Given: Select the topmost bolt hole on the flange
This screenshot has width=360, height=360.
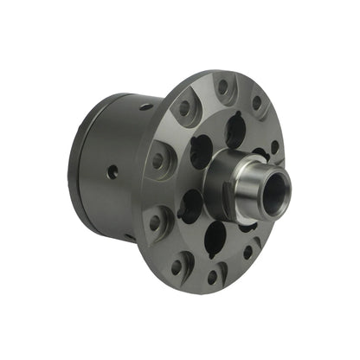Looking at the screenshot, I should pos(222,86).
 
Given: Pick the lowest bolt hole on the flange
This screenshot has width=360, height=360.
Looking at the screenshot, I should pos(212,276).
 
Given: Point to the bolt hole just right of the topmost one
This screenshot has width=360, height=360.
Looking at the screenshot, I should pos(256,102).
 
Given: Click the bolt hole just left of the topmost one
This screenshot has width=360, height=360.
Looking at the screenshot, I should pos(183,108).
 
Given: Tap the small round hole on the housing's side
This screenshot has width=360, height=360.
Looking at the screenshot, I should pos(112,171).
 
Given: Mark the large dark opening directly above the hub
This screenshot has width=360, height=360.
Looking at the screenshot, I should pos(235,132).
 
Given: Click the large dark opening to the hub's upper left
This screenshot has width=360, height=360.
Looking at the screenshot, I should pos(199,150).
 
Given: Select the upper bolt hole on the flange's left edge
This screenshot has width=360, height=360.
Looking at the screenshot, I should pos(157,161).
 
